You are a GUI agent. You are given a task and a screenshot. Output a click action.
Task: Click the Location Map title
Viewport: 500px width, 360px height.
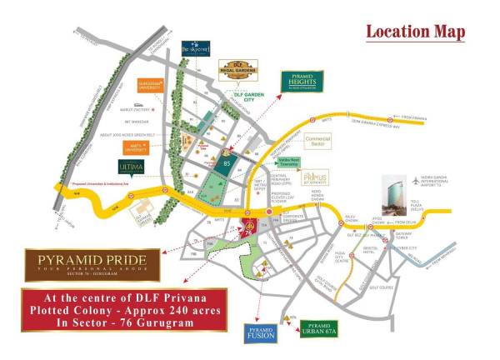pyautogui.click(x=415, y=32)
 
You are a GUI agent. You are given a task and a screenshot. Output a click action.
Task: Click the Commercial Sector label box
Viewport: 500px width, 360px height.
pyautogui.click(x=317, y=141)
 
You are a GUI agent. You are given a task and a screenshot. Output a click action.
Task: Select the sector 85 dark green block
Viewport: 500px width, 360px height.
pyautogui.click(x=227, y=165)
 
